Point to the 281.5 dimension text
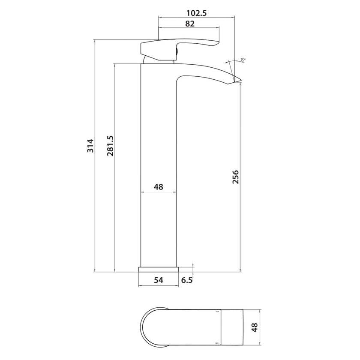pos(110,146)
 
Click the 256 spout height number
pos(235,177)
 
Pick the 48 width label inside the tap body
pos(159,187)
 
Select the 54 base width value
pos(159,280)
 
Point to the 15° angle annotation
pos(243,60)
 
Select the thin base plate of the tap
pos(159,270)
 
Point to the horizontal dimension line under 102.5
pos(197,18)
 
